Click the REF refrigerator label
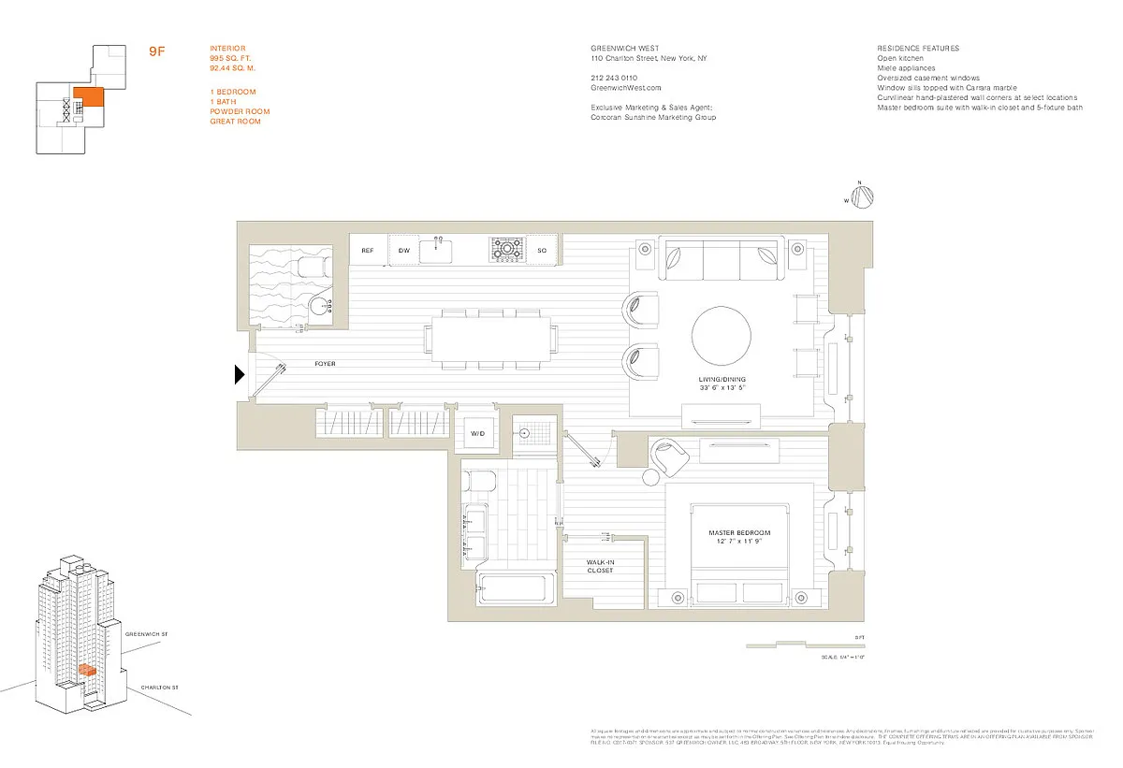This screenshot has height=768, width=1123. (368, 251)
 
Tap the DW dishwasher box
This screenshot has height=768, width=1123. (404, 251)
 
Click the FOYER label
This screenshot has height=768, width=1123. (325, 364)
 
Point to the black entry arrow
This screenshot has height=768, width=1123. (240, 375)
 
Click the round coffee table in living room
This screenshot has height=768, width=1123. (722, 335)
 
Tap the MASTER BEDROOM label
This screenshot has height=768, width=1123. (738, 534)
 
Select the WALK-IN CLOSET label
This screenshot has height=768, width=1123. (600, 566)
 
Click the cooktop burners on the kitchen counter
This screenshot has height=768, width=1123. (506, 249)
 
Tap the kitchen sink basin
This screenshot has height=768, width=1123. (437, 251)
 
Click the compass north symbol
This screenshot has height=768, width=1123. (864, 196)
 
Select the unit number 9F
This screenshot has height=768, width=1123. (157, 51)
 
